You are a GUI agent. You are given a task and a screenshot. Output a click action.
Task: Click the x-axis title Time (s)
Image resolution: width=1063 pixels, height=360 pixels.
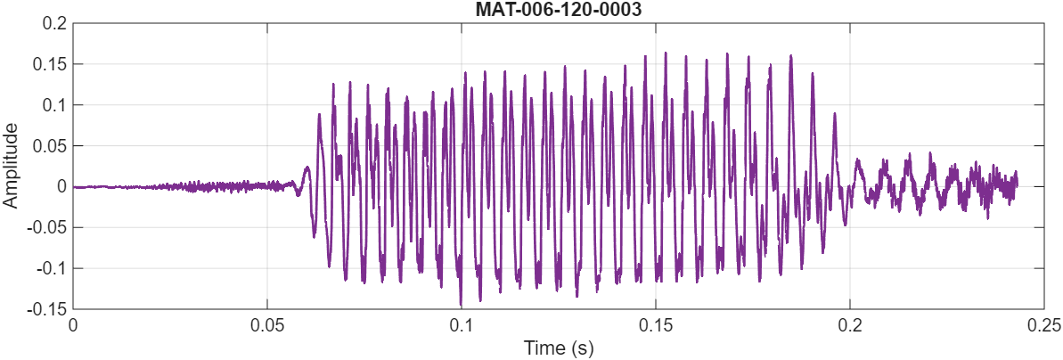tap(558, 347)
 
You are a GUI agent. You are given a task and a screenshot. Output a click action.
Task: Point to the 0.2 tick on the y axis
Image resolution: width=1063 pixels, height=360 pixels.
tap(54, 24)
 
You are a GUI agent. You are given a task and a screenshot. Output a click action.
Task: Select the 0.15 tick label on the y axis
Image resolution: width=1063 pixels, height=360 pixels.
tap(50, 65)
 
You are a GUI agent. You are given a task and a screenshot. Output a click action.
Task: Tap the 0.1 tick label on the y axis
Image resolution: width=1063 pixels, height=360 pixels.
tap(54, 105)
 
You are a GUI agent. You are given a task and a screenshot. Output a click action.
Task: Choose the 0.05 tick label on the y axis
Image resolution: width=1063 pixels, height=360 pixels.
tap(50, 146)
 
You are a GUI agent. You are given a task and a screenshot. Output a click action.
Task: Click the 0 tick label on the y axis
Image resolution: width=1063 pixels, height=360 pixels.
tap(61, 187)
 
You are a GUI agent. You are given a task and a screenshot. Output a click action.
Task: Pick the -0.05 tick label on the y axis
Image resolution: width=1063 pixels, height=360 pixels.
tap(47, 227)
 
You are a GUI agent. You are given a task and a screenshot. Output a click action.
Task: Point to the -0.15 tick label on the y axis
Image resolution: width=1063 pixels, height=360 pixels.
tap(47, 309)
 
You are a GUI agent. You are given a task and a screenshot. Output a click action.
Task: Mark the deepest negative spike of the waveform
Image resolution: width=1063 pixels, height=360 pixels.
tap(461, 305)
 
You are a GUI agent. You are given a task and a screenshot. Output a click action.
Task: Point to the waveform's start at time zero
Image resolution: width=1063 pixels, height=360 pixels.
tap(74, 187)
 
